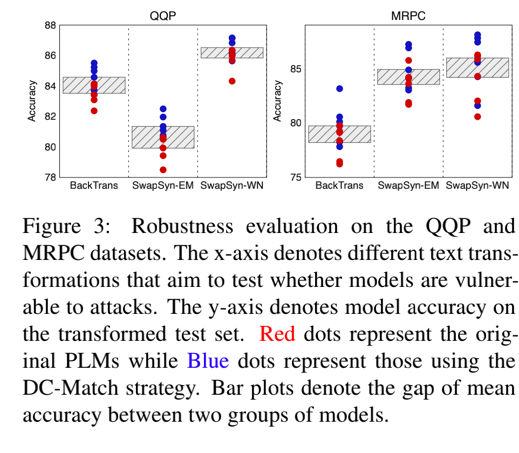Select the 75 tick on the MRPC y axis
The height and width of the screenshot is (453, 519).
[295, 177]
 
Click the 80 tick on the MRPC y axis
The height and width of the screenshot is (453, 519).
[295, 123]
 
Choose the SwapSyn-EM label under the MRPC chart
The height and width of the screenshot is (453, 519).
[408, 186]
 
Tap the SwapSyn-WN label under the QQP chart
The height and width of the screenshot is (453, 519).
[232, 186]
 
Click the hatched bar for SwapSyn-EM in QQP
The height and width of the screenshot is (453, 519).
[163, 137]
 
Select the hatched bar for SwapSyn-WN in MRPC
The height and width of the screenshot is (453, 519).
[477, 67]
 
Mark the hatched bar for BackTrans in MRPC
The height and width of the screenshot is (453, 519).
[339, 134]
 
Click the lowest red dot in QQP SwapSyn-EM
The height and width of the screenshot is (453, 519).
[163, 170]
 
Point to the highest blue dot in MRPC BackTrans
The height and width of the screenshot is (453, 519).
[339, 88]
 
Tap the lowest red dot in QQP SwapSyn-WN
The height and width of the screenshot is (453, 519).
[232, 81]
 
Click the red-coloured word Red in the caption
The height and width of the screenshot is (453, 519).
[277, 334]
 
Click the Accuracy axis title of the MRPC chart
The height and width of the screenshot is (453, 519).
[278, 101]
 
